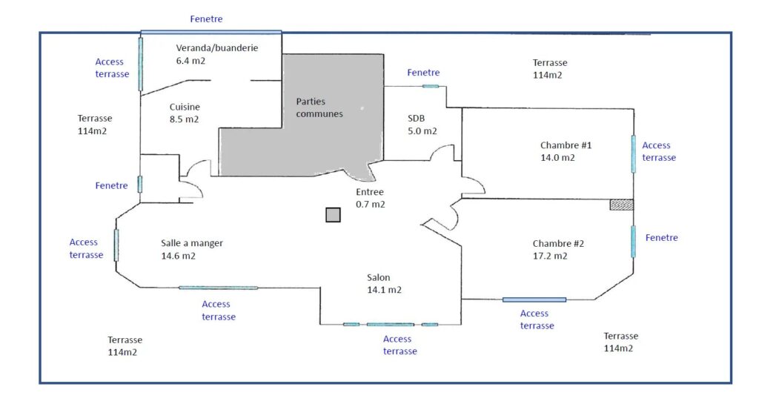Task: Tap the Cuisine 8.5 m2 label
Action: pos(185,113)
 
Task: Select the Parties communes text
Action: pos(319,107)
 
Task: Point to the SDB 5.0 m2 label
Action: pos(422,125)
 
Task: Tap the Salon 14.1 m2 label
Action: pos(385,283)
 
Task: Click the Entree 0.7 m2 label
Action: pos(371,198)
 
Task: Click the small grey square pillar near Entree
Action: pos(333,215)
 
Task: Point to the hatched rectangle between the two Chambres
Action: pos(622,205)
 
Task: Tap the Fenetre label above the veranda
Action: pos(206,19)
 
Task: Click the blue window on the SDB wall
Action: pos(431,87)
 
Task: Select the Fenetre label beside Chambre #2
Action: pos(661,237)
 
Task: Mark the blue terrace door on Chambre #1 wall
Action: pos(634,154)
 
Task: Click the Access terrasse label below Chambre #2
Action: pos(537,319)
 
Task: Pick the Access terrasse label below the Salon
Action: pos(400,345)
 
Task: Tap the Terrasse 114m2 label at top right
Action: pos(550,69)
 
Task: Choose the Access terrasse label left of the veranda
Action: pos(112,67)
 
